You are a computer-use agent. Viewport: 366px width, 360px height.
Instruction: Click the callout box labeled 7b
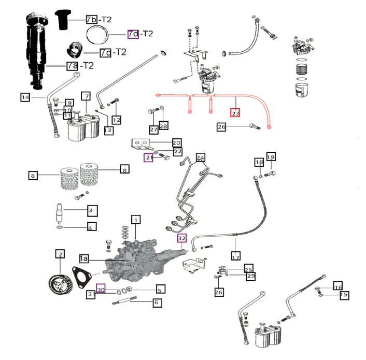point(92,19)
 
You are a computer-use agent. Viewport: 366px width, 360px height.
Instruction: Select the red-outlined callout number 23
point(236,113)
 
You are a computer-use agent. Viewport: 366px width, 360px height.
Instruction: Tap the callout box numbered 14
point(25,97)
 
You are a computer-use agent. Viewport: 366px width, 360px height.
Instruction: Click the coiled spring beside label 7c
point(75,52)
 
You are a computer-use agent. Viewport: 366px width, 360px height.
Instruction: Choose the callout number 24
point(200,157)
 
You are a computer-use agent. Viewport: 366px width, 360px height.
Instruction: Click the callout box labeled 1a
point(85,257)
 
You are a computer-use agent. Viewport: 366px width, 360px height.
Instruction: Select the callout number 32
point(181,238)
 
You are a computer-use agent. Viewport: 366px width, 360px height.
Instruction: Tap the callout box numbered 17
point(236,256)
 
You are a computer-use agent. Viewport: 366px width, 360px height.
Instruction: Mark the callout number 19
point(271,157)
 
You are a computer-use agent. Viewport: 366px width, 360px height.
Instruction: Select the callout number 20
point(176,142)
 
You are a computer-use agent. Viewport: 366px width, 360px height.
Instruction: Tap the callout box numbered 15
point(344,295)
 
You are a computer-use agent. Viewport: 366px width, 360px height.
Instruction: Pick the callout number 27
point(153,129)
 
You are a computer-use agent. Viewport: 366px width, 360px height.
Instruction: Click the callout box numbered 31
point(91,295)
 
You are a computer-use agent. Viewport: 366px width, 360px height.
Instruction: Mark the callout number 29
point(250,277)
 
